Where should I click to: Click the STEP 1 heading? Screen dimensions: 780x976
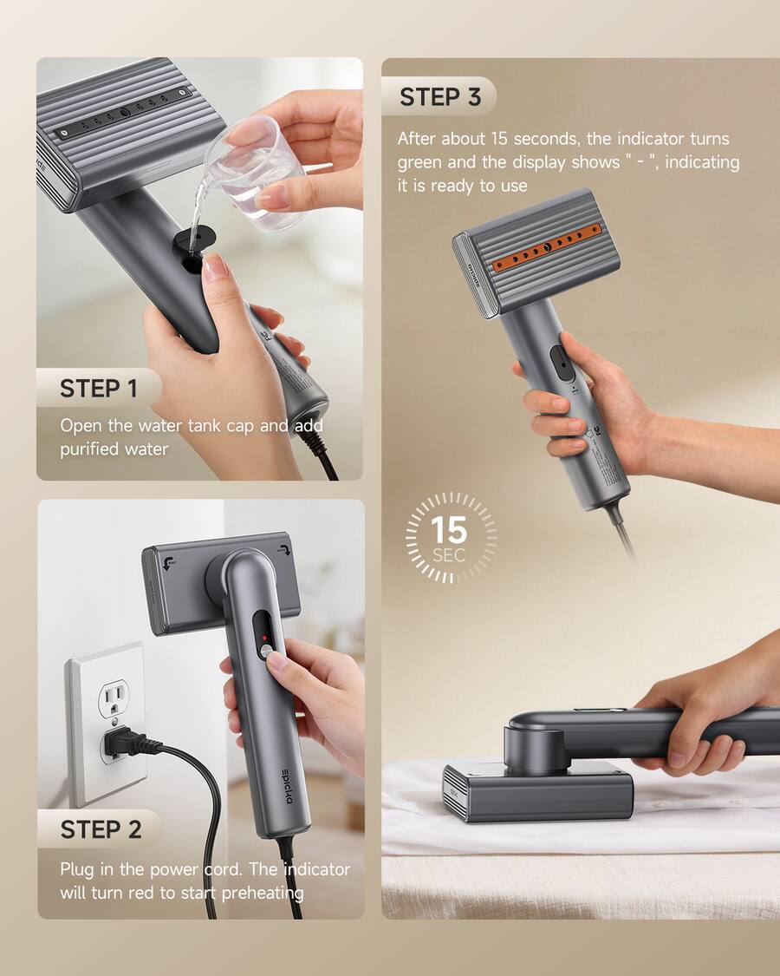(98, 389)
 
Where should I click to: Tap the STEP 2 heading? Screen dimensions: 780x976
(101, 829)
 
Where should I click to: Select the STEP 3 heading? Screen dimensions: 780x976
(440, 97)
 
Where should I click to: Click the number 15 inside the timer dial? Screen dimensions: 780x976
(448, 530)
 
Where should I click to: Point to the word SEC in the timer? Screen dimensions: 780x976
(448, 554)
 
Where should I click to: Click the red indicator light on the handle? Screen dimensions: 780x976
(264, 638)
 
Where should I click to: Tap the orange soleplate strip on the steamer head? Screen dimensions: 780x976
(547, 247)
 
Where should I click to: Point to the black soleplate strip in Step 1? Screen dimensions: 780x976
(122, 113)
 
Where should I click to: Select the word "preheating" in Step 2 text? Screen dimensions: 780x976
(263, 894)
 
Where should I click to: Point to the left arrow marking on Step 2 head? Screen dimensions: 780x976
(168, 563)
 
